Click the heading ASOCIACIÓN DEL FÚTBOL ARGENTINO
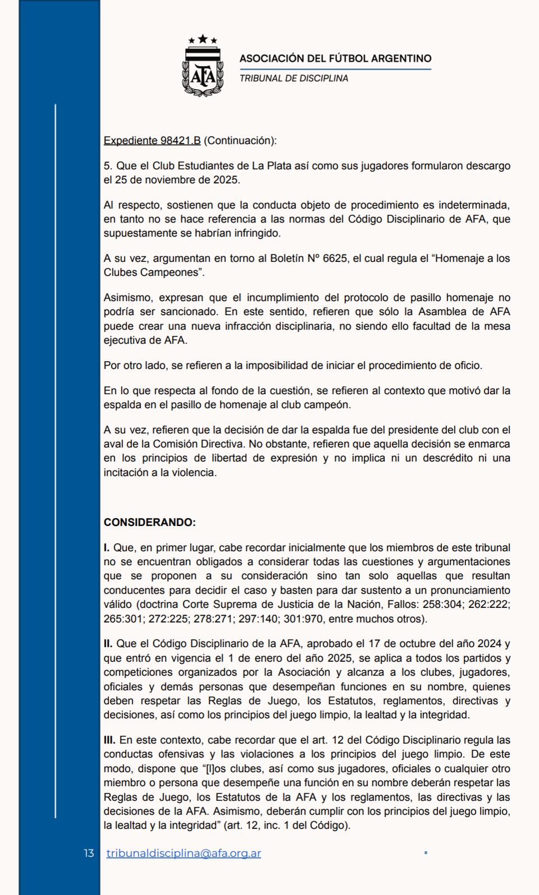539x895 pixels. [335, 58]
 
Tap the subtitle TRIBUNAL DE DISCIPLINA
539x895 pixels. [294, 79]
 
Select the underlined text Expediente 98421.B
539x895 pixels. [152, 141]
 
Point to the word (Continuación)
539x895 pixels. [240, 141]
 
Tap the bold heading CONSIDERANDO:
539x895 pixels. [150, 523]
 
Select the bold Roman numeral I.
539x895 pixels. [107, 547]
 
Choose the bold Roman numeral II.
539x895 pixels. [108, 644]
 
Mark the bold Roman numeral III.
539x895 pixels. [109, 740]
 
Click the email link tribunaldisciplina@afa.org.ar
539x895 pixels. [183, 854]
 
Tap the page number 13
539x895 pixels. [89, 854]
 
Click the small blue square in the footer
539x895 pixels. [426, 853]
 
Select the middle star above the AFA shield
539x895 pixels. [202, 39]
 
